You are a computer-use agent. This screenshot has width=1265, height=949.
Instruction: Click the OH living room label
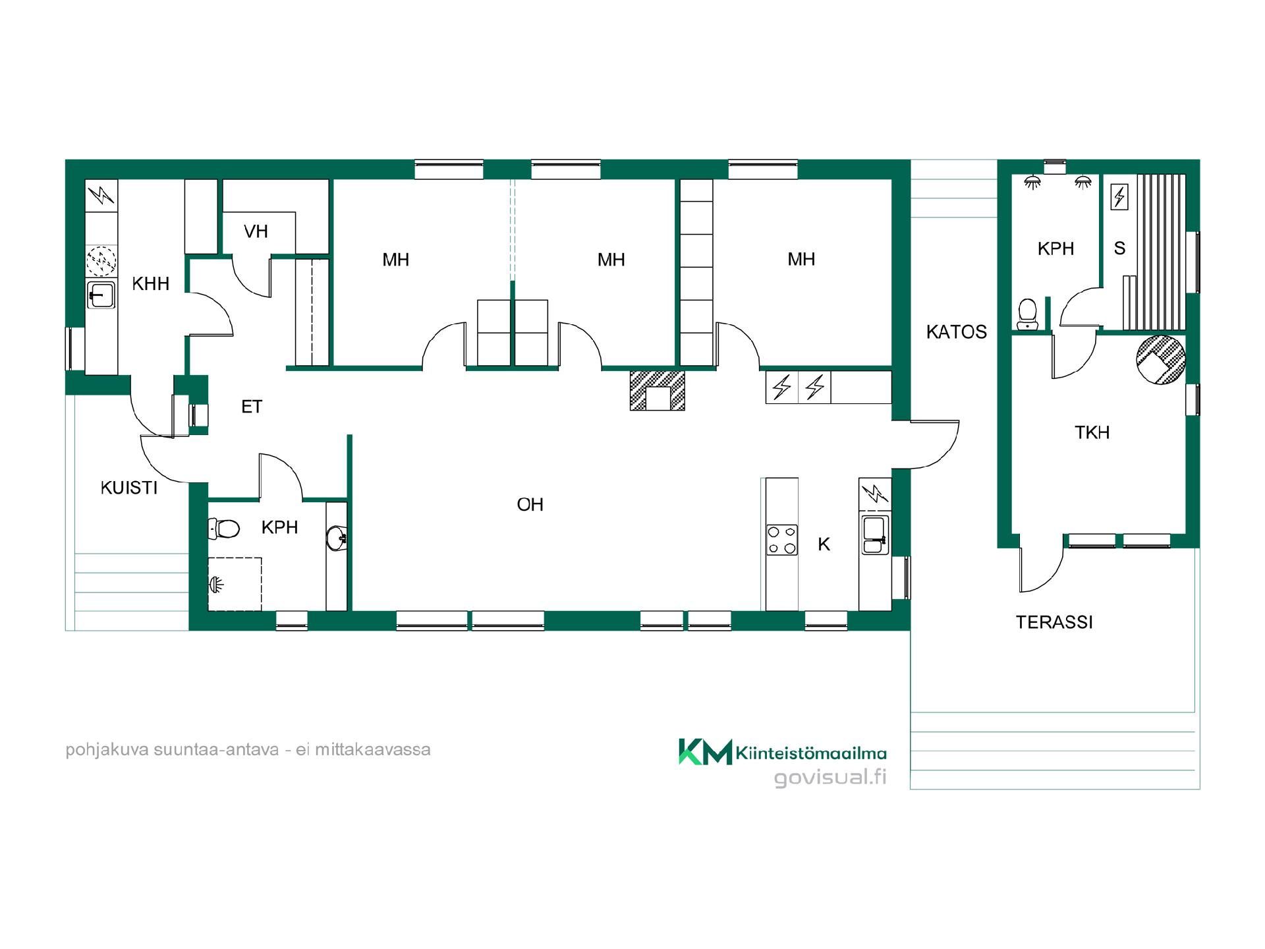530,505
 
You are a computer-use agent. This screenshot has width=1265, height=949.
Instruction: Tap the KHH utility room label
151,284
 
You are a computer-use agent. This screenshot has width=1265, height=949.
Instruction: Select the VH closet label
256,231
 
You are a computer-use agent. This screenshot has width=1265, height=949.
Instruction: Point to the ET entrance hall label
252,407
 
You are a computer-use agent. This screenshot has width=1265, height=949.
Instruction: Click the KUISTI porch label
129,488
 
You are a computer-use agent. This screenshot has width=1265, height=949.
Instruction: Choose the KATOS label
957,332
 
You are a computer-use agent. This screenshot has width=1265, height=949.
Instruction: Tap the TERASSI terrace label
1054,622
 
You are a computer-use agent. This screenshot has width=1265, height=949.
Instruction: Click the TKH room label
1092,432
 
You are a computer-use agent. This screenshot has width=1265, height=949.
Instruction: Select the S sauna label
1119,248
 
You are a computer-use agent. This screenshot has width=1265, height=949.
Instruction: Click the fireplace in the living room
657,391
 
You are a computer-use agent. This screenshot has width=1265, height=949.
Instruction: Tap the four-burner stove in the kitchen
782,540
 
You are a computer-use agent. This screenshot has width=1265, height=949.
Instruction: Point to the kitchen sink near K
875,534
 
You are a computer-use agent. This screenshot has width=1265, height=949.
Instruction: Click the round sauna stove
1161,360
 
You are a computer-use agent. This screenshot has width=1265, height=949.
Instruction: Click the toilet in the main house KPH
223,528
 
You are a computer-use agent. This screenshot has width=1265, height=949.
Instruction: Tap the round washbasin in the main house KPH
336,538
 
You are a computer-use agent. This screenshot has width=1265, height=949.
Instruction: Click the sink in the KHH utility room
101,295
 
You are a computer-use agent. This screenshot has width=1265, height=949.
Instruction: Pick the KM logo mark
705,752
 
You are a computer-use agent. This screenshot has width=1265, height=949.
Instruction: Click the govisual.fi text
830,778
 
